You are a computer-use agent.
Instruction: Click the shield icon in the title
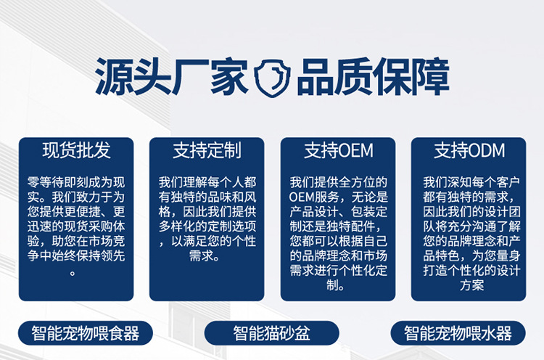[272, 78]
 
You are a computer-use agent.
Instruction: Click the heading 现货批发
[76, 150]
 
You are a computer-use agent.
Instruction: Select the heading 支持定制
[207, 150]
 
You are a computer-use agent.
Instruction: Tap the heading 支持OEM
[338, 150]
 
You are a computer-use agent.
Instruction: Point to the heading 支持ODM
[469, 150]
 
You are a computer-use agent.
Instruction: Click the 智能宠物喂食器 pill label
[86, 333]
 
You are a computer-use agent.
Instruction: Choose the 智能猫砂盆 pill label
[271, 333]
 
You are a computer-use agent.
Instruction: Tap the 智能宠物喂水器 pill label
[458, 333]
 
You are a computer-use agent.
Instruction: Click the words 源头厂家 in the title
[171, 76]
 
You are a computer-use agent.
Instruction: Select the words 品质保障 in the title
[374, 76]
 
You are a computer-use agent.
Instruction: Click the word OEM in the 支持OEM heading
[355, 151]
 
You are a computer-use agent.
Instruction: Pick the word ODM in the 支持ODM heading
[487, 151]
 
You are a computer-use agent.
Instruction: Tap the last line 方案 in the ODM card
[472, 285]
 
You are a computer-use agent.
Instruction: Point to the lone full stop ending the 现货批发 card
[73, 272]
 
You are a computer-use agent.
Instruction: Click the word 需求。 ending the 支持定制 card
[205, 256]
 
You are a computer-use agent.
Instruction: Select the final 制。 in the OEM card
[335, 285]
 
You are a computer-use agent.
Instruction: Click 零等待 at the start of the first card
[46, 182]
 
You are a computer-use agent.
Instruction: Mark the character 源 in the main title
[114, 76]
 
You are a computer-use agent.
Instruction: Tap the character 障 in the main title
[431, 76]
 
